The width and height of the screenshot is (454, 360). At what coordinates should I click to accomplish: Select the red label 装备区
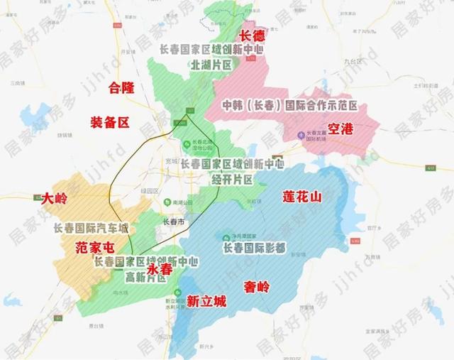tap(110, 122)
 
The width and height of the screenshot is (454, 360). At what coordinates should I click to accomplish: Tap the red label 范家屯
tap(94, 248)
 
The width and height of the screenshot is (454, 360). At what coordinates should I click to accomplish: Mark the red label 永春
tap(160, 269)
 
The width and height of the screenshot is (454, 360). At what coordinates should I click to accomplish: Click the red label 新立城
tap(206, 301)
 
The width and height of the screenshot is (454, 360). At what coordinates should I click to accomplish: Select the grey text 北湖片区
tap(211, 65)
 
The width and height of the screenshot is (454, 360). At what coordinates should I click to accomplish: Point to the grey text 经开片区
tap(232, 179)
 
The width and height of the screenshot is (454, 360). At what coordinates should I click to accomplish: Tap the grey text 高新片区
tap(145, 276)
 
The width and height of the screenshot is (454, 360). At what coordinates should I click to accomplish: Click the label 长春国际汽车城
tap(92, 229)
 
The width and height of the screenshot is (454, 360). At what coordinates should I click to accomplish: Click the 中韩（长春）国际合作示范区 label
tap(289, 106)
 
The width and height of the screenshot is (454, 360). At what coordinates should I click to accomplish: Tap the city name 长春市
tap(173, 222)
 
